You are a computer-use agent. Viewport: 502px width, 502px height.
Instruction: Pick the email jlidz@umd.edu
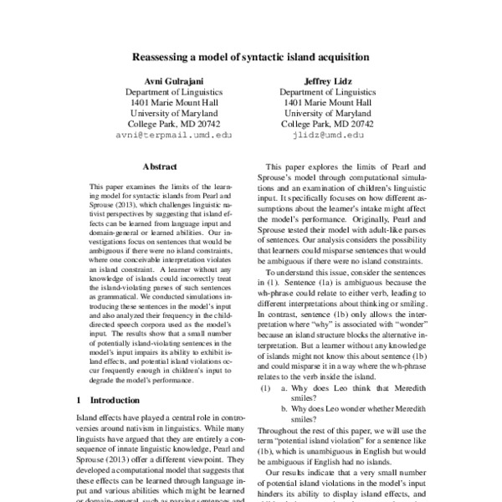[322, 134]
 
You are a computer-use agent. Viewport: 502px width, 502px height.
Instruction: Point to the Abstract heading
[161, 166]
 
